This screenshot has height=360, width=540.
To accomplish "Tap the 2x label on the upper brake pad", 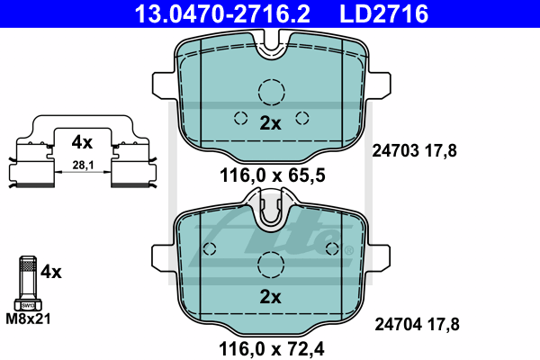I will tap(270, 124).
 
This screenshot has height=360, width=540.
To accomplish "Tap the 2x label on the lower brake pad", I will tap(270, 297).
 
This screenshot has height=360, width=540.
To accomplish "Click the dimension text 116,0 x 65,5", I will tap(270, 175).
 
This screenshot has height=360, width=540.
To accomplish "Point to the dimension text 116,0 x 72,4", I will tap(270, 346).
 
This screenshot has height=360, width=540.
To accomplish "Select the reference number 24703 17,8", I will tap(415, 151).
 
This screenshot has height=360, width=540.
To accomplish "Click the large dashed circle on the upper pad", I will tap(271, 92).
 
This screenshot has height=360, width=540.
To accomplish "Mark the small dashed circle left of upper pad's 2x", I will tap(240, 117).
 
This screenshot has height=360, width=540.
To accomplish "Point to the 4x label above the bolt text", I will tap(50, 270).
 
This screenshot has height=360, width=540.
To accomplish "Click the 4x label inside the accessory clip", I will tap(82, 141).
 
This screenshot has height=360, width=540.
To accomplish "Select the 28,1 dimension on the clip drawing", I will tap(82, 165).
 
